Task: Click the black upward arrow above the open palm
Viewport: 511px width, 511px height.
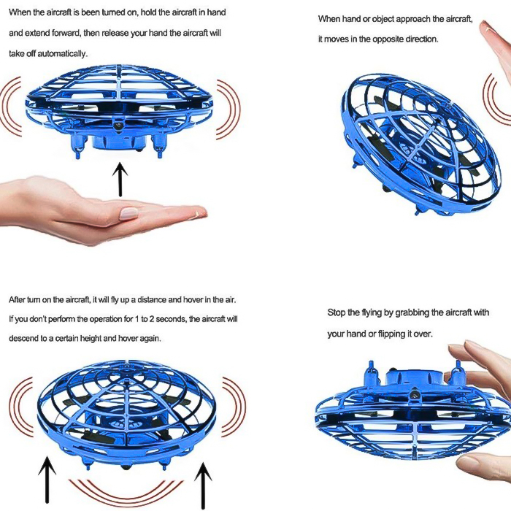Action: [x=120, y=180]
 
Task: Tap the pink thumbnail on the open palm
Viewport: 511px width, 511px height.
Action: [x=128, y=213]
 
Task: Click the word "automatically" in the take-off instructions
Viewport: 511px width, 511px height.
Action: [x=62, y=54]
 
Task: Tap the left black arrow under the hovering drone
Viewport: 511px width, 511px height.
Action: [x=47, y=480]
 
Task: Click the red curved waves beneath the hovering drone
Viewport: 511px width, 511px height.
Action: [x=126, y=493]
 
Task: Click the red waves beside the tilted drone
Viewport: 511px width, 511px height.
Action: [x=495, y=98]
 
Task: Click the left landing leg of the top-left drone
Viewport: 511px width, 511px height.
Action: [x=79, y=147]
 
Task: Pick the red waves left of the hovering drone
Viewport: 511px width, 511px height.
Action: [x=21, y=407]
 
